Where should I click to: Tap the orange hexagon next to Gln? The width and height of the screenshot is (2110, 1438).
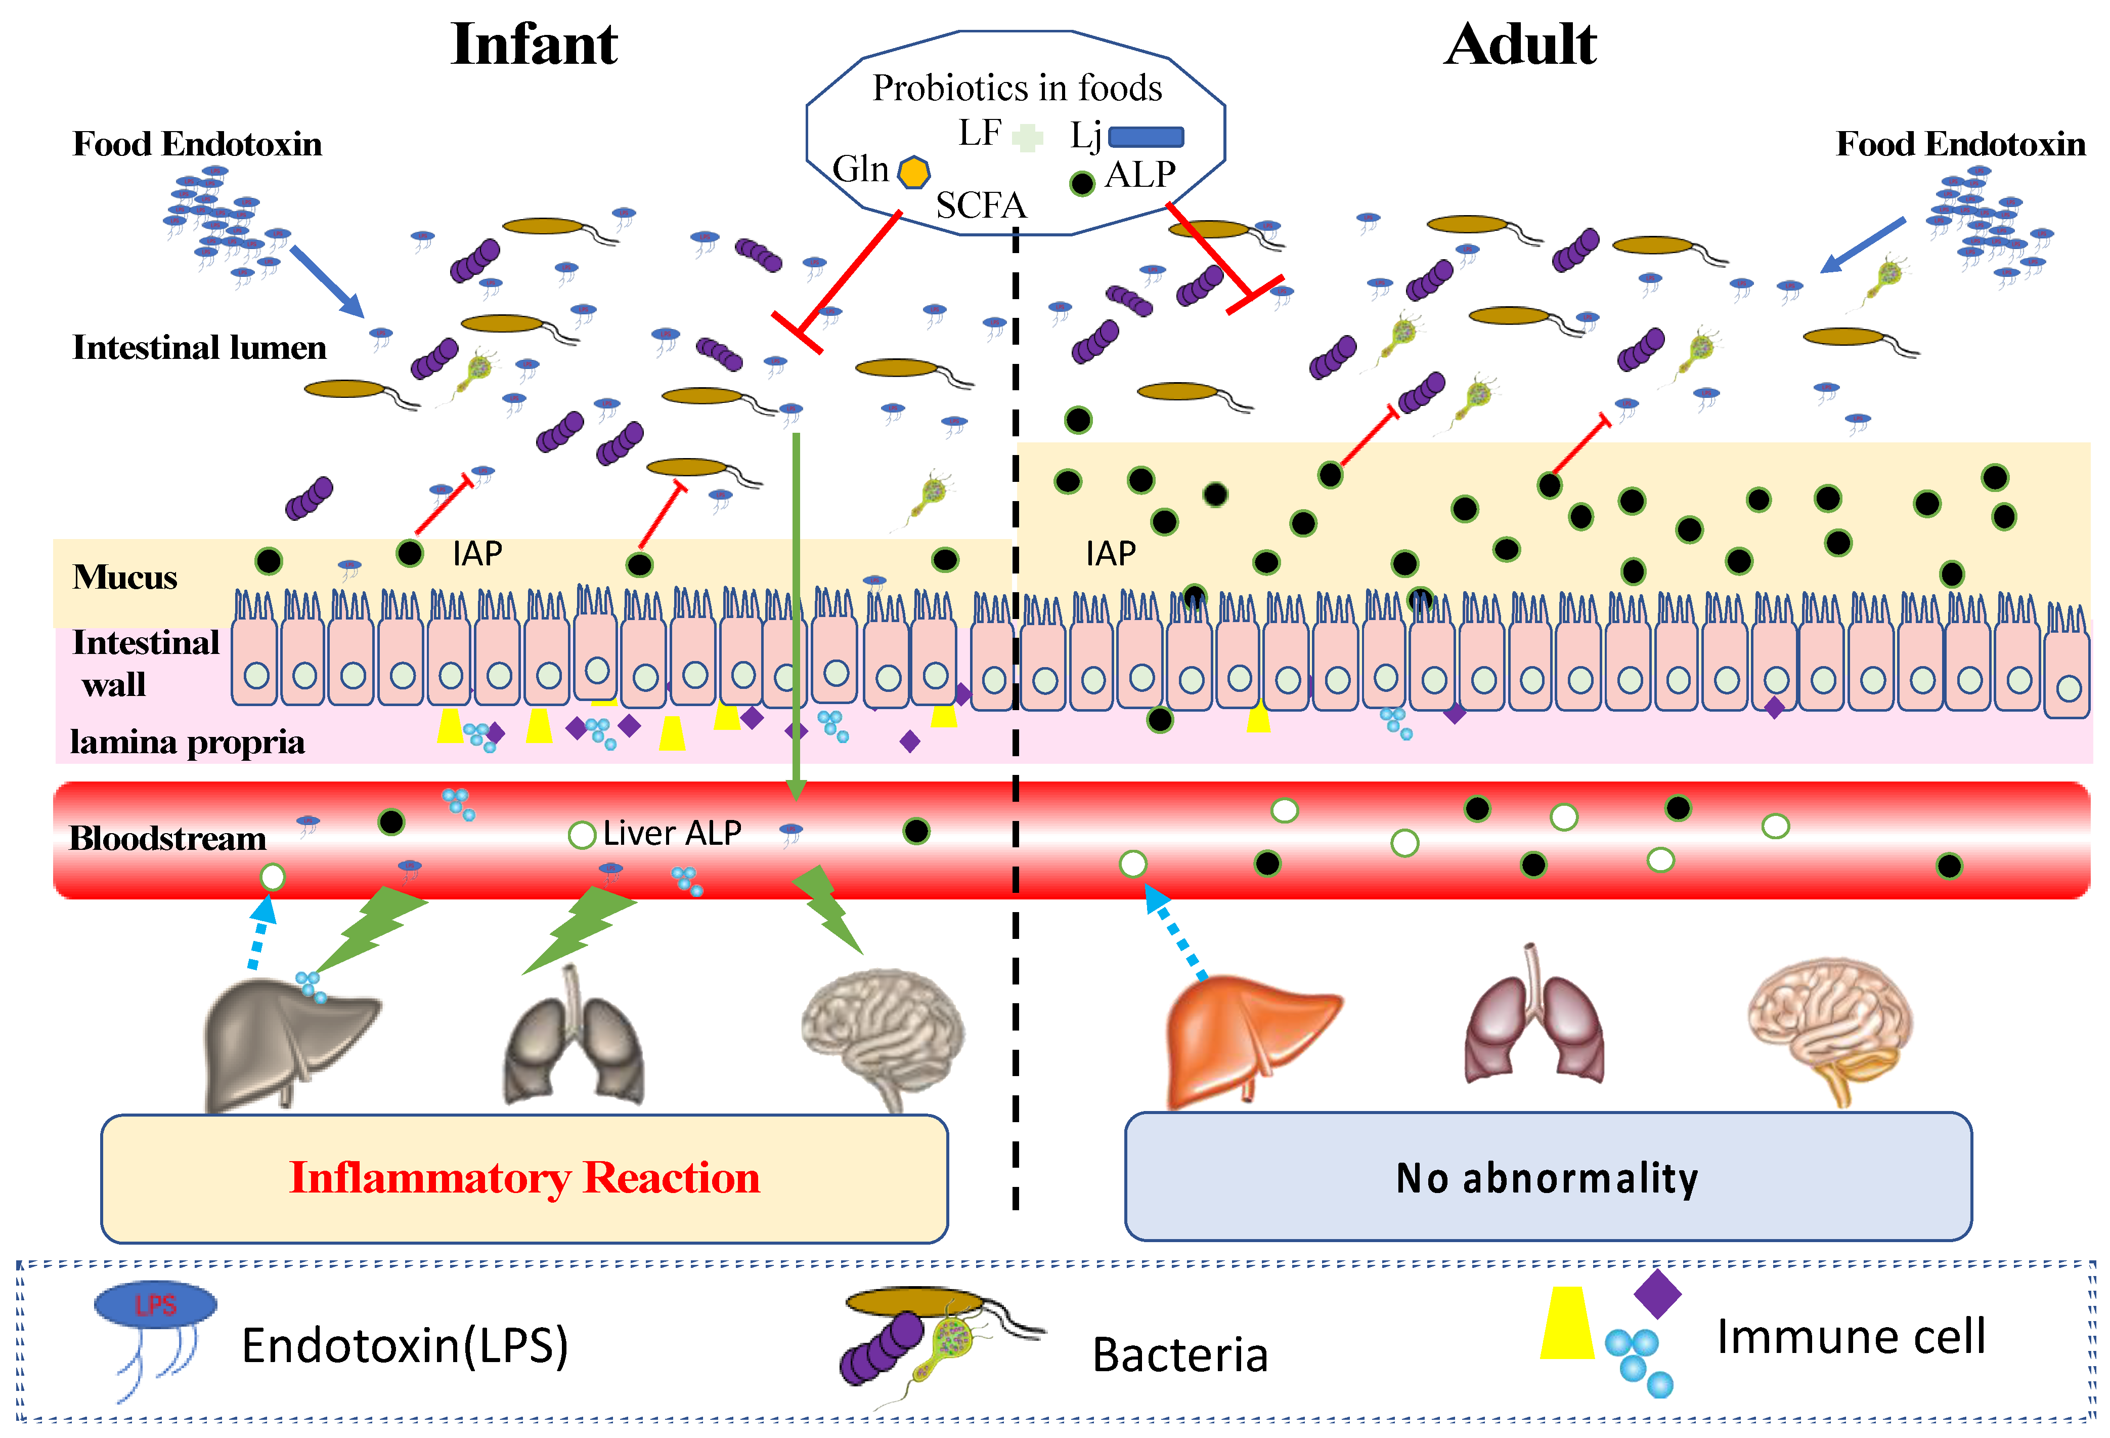tap(913, 172)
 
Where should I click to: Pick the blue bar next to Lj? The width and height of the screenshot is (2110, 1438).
tap(1146, 136)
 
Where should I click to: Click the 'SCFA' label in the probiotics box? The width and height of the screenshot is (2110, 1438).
tap(981, 206)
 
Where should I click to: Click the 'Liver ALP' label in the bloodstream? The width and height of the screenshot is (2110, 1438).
tap(672, 833)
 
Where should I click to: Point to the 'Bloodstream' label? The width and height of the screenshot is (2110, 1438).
tap(168, 838)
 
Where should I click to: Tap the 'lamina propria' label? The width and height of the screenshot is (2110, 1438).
tap(187, 742)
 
